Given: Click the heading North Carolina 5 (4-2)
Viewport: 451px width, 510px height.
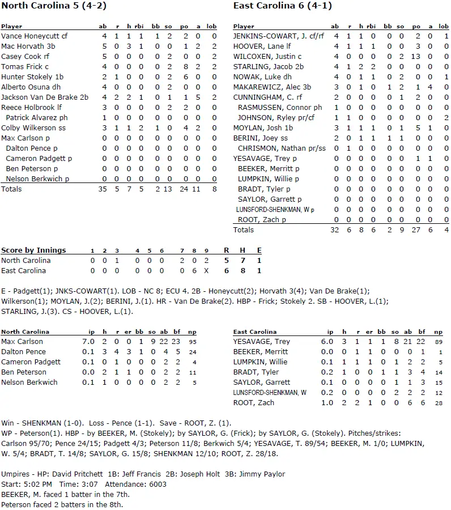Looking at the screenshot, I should (53, 6).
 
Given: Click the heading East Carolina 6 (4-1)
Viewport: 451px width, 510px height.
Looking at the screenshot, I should (283, 6).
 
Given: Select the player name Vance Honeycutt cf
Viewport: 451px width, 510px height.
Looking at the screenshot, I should (34, 36).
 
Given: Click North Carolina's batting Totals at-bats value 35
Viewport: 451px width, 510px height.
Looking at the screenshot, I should (102, 189).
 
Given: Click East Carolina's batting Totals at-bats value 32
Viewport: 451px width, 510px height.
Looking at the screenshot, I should (335, 230).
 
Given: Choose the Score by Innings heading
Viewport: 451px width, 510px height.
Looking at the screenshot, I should (33, 250).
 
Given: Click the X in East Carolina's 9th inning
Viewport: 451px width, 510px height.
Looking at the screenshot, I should (207, 271).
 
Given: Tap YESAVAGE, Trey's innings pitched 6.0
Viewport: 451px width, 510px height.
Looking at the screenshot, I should (330, 342).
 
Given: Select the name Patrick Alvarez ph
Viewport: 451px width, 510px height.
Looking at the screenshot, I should (36, 118).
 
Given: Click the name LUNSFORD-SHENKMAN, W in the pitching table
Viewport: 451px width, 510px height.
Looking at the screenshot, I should (270, 393).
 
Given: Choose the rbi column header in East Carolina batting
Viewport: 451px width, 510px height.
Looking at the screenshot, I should (371, 27).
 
